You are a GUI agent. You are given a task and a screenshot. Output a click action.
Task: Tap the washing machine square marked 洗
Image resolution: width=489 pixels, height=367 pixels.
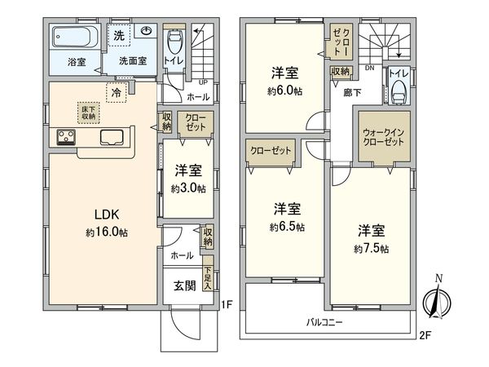[x=119, y=35]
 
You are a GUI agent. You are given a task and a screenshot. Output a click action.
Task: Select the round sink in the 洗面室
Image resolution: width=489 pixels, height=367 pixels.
[x=147, y=32]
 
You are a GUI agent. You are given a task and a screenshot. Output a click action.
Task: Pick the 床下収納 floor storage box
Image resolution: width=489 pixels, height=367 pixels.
[x=88, y=113]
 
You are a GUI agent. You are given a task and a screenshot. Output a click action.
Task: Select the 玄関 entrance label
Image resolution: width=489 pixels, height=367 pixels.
[x=184, y=285]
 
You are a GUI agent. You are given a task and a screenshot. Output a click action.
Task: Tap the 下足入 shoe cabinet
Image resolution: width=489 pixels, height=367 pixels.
[x=209, y=281]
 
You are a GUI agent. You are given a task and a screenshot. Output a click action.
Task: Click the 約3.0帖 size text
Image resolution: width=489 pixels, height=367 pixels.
[x=187, y=188]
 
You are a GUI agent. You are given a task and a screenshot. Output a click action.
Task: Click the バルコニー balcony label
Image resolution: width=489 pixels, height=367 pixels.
[x=325, y=322]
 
